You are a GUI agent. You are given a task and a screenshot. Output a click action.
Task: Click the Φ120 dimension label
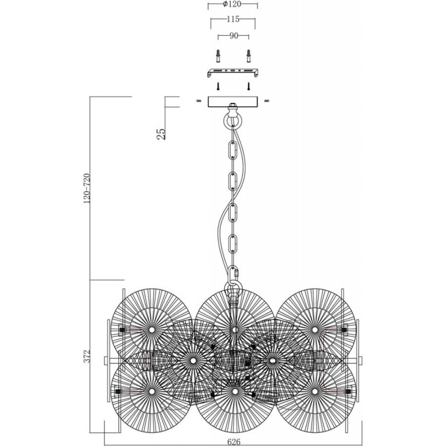232,4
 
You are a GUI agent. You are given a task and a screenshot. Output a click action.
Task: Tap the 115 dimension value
233,19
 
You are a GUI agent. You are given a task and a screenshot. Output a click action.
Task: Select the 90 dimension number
234,36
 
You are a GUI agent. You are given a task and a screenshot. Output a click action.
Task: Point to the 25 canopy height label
161,134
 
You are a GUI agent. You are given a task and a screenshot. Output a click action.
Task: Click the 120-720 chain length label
87,188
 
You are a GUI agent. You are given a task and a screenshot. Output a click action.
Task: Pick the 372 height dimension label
87,356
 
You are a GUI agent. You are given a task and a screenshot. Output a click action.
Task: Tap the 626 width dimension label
234,441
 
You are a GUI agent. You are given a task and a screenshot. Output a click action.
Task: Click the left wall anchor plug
218,56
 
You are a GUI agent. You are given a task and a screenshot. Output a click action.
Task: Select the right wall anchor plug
249,56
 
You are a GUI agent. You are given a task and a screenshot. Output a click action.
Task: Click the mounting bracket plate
232,73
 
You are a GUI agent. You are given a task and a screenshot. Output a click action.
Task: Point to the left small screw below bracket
218,86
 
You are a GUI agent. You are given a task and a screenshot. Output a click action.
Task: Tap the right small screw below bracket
249,86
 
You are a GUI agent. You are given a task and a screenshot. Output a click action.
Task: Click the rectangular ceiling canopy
232,102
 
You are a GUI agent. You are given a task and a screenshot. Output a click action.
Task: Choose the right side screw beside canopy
267,101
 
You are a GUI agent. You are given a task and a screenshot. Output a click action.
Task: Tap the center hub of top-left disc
151,330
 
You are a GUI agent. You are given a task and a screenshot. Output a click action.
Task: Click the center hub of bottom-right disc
315,392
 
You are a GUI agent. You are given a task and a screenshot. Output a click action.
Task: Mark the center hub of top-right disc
315,330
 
